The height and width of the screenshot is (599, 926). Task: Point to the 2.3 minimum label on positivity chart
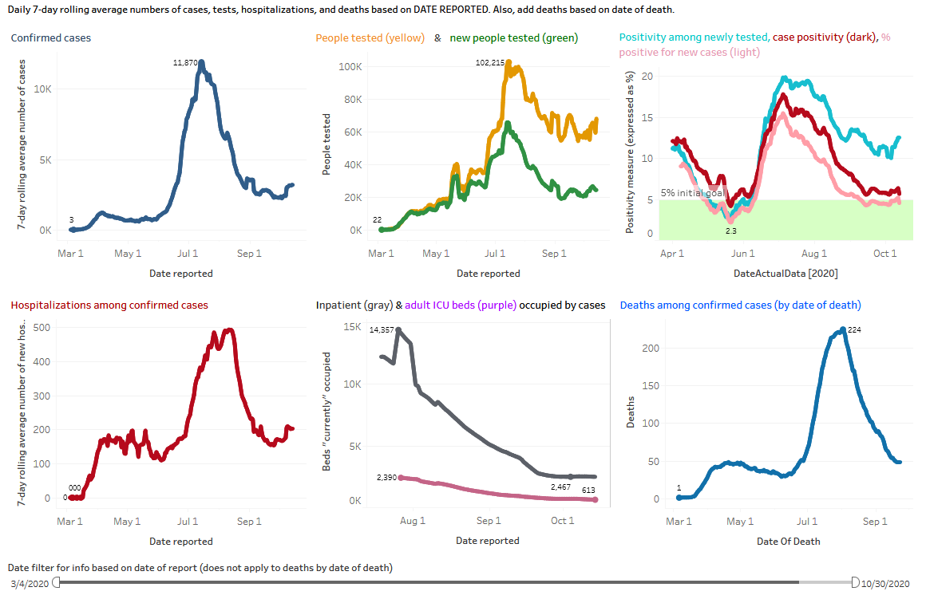[x=730, y=231]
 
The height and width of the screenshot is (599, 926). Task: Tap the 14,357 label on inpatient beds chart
[x=382, y=330]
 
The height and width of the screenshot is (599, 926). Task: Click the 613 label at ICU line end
[x=589, y=490]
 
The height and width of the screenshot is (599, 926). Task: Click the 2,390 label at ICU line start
[x=386, y=477]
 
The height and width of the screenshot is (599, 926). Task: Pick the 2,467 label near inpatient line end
[x=562, y=487]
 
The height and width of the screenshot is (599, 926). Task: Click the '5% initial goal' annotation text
[x=692, y=192]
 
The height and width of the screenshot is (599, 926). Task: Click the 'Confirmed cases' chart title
[x=50, y=38]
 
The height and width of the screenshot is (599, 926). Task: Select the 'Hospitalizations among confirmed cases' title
[x=109, y=305]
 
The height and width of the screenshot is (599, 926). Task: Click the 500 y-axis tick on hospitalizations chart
[x=50, y=328]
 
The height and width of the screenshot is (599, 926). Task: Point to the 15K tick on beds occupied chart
[x=352, y=327]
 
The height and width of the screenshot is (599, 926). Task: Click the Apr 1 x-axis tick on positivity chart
[x=672, y=254]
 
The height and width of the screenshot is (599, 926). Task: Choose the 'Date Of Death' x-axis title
[x=788, y=541]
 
